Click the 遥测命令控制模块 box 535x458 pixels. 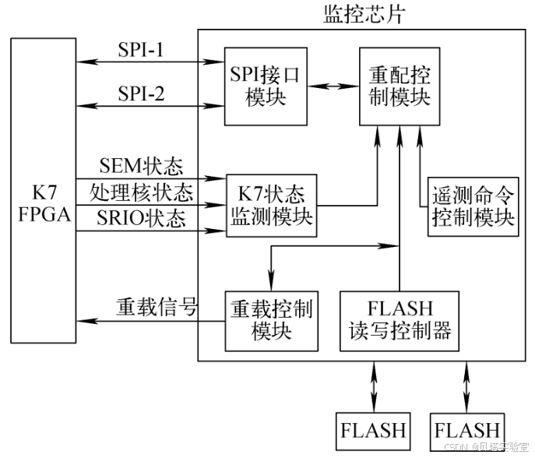[x=473, y=205]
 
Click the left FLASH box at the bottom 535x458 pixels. [x=373, y=428]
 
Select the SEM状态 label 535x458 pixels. [x=140, y=165]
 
